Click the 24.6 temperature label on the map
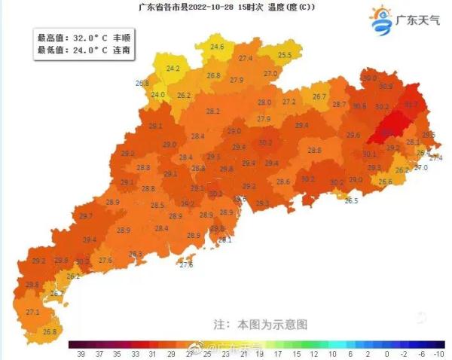pos(217,47)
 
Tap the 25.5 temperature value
pos(284,55)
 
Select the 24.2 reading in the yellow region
pos(173,69)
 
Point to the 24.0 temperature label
pos(157,95)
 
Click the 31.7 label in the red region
pos(411,104)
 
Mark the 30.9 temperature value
pos(386,87)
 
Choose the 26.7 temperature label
pos(319,96)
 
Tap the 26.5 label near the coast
pos(351,201)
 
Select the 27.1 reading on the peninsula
pos(32,312)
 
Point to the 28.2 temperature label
pos(213,111)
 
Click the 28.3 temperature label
pos(136,254)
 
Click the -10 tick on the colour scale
pos(440,352)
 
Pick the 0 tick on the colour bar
pos(386,352)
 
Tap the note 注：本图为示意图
pos(261,325)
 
